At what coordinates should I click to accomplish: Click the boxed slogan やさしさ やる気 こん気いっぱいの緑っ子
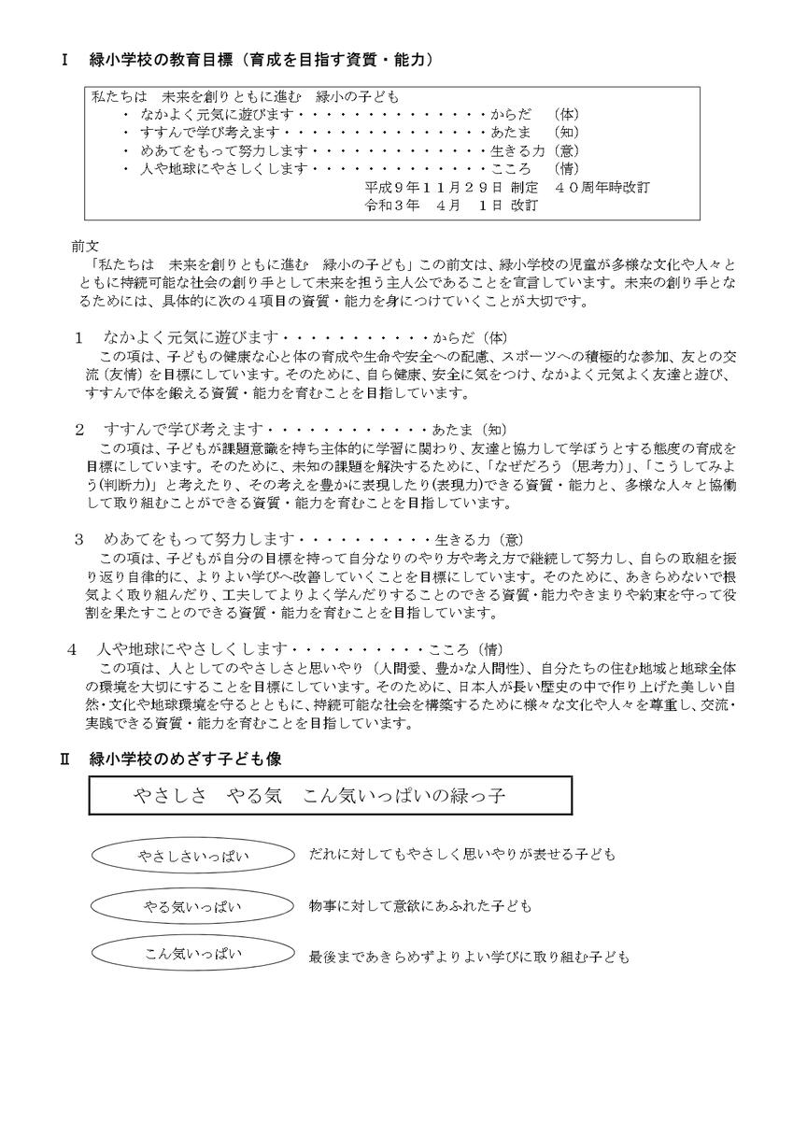[330, 796]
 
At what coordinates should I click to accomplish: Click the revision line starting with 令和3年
[451, 206]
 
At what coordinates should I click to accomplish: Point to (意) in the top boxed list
[568, 150]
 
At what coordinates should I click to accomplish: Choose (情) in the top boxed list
[568, 169]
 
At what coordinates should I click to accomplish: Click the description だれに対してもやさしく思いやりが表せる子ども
[462, 855]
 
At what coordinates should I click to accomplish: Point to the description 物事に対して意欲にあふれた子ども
[420, 906]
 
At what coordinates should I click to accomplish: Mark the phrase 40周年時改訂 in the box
[608, 188]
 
